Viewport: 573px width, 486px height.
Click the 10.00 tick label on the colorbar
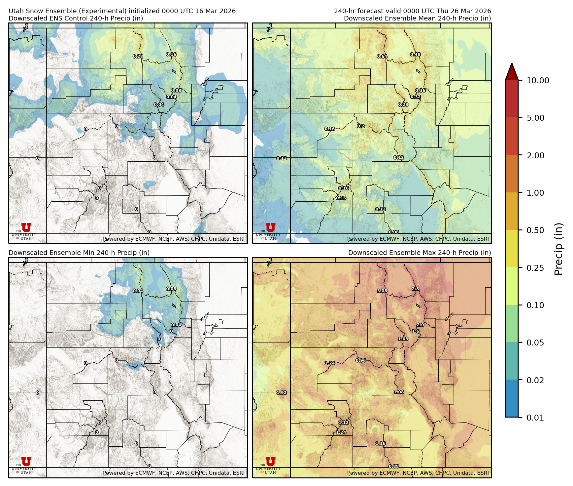538,80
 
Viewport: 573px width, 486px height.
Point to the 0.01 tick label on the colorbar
535,418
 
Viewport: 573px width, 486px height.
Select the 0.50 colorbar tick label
535,230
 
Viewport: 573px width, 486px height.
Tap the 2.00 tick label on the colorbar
535,155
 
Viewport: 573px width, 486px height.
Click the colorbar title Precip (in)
558,249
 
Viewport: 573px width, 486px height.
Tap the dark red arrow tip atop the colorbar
512,71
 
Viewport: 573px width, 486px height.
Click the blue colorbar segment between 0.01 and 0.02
512,398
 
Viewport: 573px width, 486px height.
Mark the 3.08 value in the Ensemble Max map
382,291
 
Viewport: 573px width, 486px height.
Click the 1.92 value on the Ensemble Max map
282,393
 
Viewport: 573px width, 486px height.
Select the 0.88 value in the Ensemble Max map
394,466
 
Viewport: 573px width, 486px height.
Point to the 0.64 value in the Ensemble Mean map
382,57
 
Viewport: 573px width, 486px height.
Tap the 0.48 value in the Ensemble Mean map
415,55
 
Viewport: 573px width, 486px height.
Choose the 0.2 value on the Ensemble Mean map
361,126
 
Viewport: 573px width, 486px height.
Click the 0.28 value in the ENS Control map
138,57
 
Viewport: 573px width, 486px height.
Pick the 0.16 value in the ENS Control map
171,55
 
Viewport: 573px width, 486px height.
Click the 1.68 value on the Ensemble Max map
403,339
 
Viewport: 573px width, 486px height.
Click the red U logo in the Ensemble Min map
26,462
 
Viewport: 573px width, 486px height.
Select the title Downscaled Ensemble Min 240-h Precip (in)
79,253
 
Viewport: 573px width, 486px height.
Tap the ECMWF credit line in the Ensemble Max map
418,473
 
